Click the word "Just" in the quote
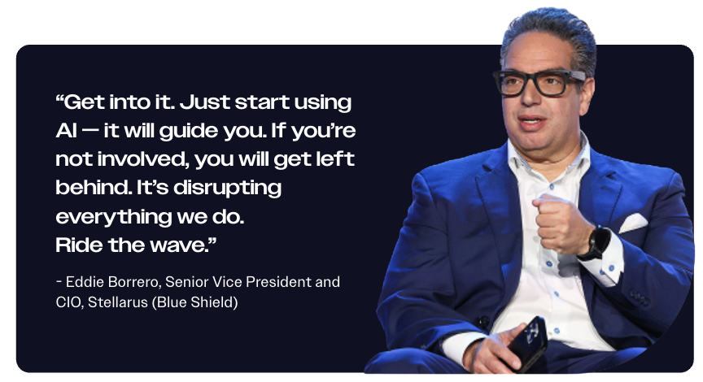pyautogui.click(x=204, y=102)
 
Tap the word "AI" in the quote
pyautogui.click(x=66, y=131)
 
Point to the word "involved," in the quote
pyautogui.click(x=143, y=159)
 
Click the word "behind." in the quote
pyautogui.click(x=94, y=187)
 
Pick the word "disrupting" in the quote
pyautogui.click(x=227, y=189)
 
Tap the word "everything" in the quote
pyautogui.click(x=113, y=217)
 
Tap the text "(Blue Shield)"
pyautogui.click(x=194, y=302)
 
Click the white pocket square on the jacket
pyautogui.click(x=632, y=223)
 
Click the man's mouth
pyautogui.click(x=532, y=121)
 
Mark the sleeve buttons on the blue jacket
pyautogui.click(x=640, y=297)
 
